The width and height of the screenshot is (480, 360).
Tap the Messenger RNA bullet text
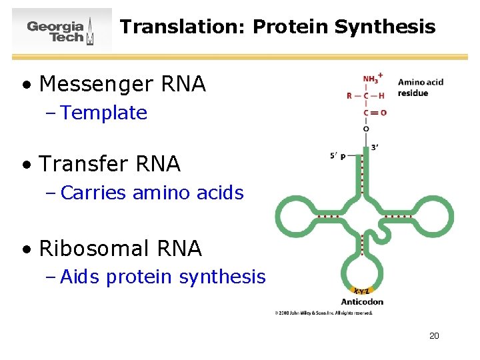pos(123,84)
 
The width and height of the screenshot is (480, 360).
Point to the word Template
pos(103,113)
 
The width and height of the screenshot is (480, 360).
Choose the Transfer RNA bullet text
pos(110,163)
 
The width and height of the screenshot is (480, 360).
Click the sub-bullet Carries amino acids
pos(152,193)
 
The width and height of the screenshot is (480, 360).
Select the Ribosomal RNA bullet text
pos(121,248)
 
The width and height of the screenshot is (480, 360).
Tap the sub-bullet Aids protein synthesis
pos(163,277)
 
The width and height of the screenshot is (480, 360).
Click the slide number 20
pos(434,335)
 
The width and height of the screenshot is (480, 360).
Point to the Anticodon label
pos(362,301)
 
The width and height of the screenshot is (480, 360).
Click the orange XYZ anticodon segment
pos(361,291)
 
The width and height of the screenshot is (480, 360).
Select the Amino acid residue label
pos(420,87)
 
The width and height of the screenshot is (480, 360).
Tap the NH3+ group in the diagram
pos(371,79)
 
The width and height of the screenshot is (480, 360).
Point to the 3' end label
pos(375,147)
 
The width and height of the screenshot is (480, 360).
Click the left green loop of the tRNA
pos(296,217)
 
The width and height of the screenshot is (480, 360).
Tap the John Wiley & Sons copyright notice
pos(323,313)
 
